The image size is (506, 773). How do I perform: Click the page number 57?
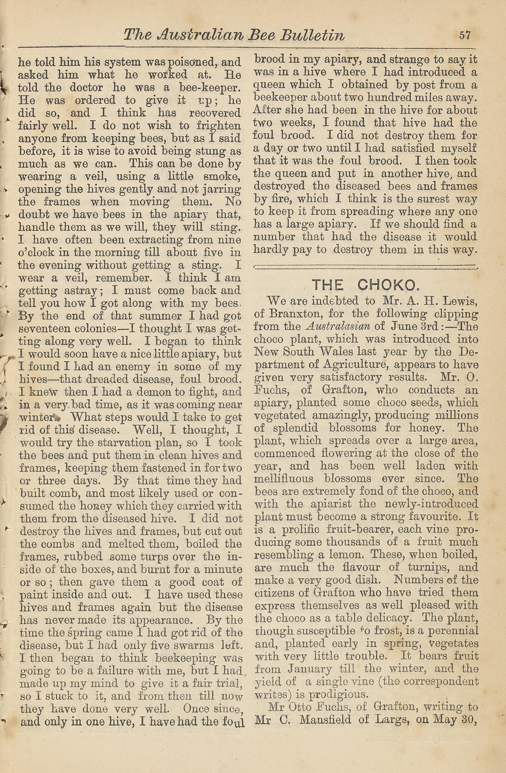click(464, 35)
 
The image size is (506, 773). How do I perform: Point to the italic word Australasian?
click(338, 326)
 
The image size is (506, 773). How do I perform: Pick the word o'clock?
click(36, 252)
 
